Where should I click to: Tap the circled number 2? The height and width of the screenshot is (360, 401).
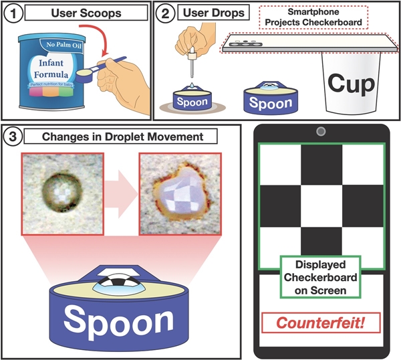166,13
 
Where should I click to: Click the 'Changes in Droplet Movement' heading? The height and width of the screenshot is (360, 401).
130,137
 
